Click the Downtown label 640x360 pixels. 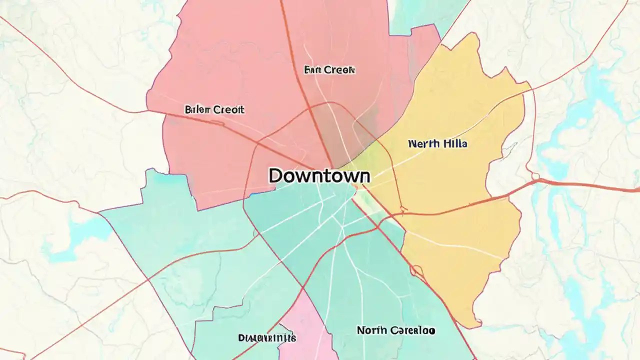tap(319, 176)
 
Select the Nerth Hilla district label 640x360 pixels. tap(437, 144)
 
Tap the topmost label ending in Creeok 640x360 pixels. tap(329, 70)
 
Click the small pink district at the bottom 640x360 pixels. tap(305, 330)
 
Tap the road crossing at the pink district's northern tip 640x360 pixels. tap(303, 289)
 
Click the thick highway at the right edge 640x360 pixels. tap(620, 188)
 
